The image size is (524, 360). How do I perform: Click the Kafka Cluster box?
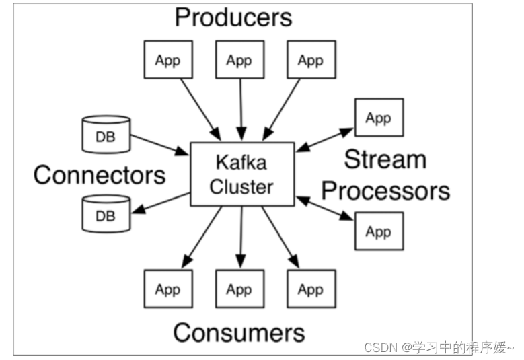(242, 174)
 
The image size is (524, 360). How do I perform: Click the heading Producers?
(233, 17)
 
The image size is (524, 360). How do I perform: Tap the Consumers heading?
(239, 332)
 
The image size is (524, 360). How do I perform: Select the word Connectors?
(100, 175)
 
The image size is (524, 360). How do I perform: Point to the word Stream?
(385, 159)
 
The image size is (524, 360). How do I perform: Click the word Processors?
(385, 190)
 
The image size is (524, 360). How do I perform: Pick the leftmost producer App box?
(167, 60)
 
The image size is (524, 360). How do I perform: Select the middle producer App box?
(239, 60)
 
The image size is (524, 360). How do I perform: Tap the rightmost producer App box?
(310, 60)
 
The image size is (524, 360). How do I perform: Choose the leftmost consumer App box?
(167, 289)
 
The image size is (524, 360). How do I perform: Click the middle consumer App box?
(239, 289)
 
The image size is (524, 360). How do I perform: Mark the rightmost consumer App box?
(310, 289)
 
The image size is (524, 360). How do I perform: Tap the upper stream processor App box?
(379, 118)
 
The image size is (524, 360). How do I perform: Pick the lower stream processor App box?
(379, 231)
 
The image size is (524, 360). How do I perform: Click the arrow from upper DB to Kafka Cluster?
(159, 145)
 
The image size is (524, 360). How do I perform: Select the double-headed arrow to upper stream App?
(325, 139)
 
